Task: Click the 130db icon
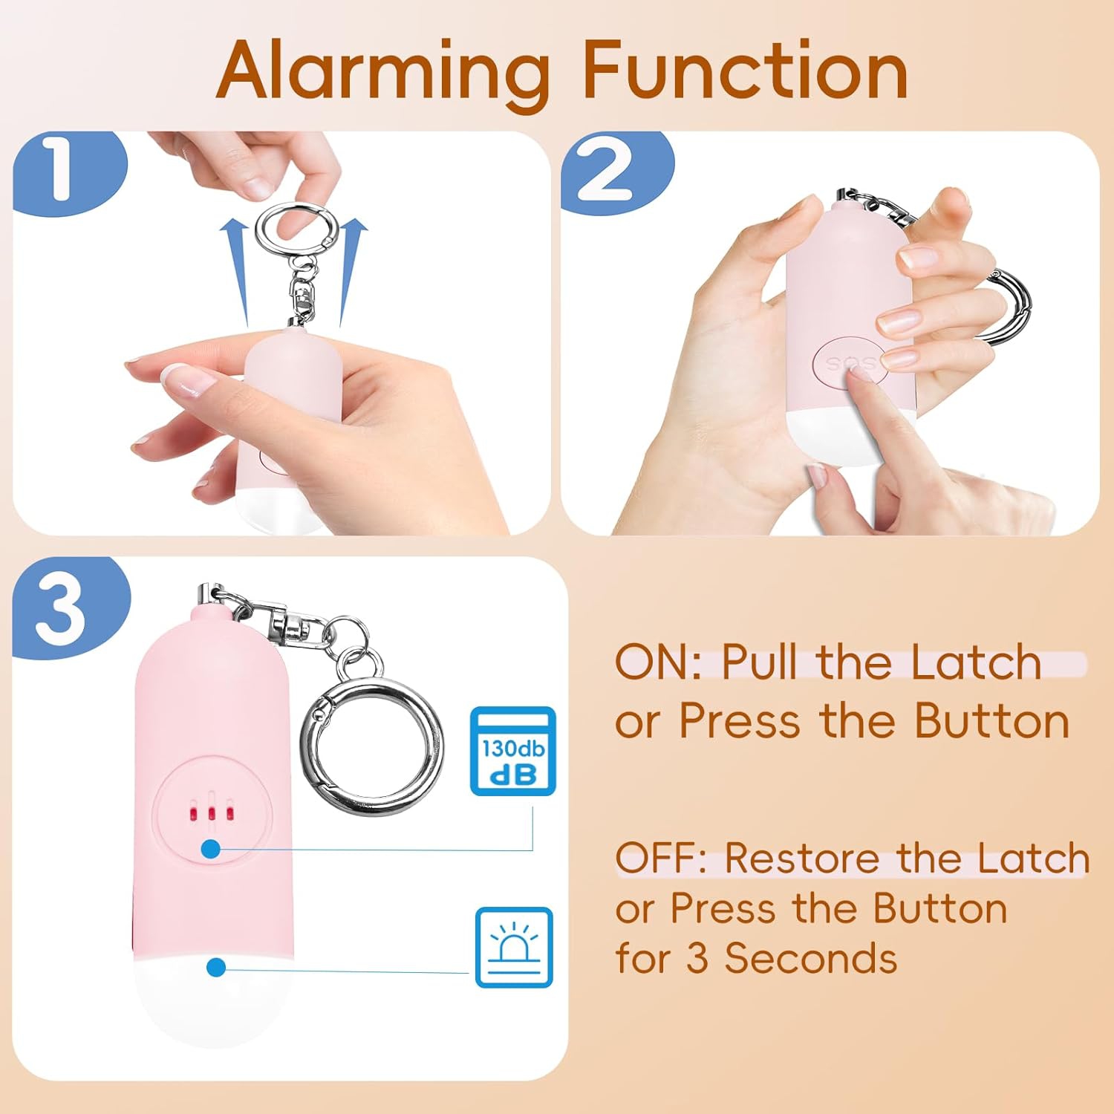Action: (513, 751)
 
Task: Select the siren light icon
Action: (514, 947)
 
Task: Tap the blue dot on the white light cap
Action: (216, 967)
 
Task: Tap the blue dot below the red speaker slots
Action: (212, 848)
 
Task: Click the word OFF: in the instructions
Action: (661, 859)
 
